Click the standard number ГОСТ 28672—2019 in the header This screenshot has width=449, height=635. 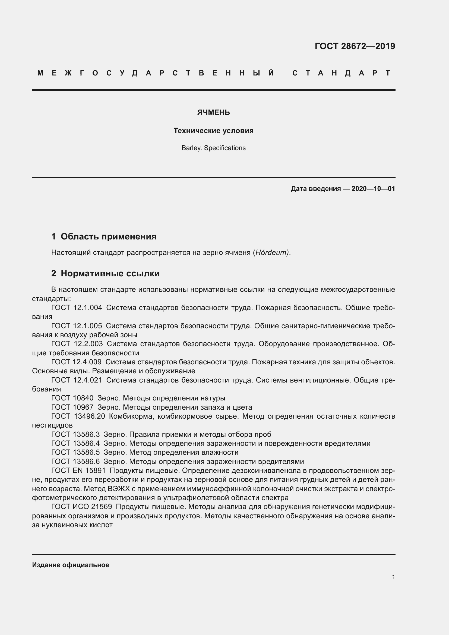355,46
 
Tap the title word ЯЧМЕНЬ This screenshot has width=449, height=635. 213,112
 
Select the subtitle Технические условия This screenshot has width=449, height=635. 213,131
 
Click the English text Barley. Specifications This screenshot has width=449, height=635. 213,148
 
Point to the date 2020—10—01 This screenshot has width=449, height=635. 373,189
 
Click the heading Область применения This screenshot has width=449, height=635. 108,236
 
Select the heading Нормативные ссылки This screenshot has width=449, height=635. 110,274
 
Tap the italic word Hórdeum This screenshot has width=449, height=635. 272,252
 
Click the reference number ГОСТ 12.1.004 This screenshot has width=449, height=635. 77,308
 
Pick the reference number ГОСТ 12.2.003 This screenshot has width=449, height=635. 77,344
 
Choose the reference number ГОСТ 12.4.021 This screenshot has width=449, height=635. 77,380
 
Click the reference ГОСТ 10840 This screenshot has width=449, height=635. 72,398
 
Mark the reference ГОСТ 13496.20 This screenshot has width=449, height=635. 78,416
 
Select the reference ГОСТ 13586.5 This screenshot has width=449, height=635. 75,453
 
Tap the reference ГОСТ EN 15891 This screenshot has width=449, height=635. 78,470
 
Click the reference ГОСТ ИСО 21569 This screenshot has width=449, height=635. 81,507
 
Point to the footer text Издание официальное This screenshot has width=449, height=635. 71,565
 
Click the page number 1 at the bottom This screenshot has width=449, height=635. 393,577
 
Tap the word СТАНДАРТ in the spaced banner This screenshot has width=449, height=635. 341,73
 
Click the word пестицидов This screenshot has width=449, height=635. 52,425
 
